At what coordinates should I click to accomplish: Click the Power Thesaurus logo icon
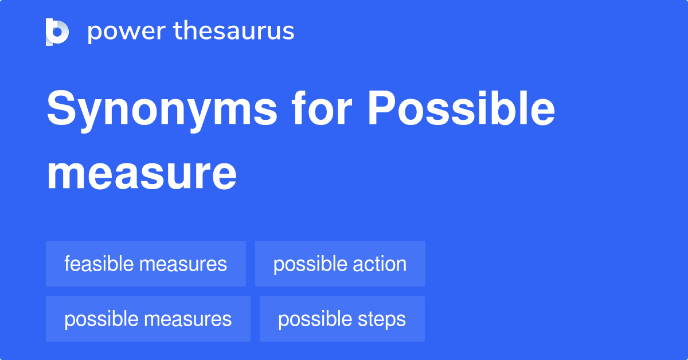click(x=57, y=32)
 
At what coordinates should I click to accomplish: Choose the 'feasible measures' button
click(x=146, y=264)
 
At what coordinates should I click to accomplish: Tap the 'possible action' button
click(x=340, y=264)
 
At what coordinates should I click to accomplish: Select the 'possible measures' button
click(x=148, y=319)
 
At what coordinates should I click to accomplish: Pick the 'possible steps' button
click(x=342, y=319)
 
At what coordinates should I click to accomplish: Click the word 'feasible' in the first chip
click(x=99, y=264)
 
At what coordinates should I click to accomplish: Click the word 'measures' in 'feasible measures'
click(x=183, y=264)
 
